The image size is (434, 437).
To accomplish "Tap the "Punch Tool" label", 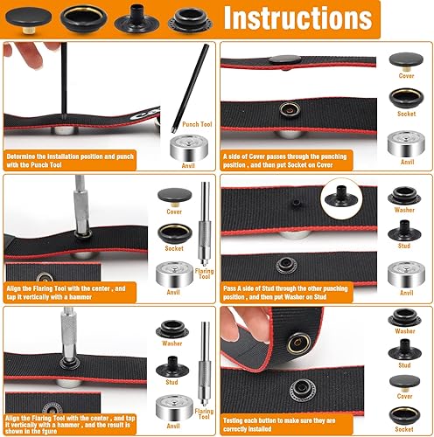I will (197, 125).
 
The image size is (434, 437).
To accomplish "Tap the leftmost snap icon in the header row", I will (20, 17).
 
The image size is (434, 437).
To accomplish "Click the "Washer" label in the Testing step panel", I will (405, 331).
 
